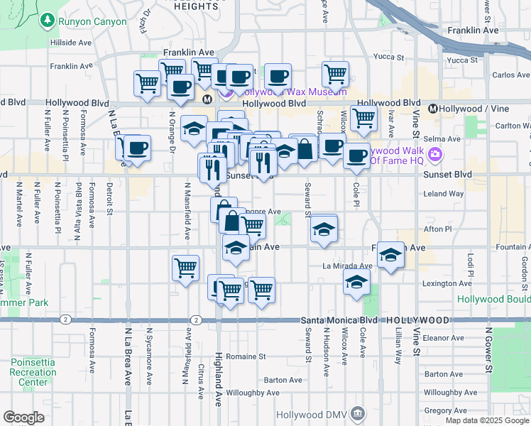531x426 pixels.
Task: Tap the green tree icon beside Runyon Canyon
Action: coord(48,21)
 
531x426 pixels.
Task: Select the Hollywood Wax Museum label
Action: coord(291,92)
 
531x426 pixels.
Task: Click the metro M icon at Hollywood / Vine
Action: coord(432,109)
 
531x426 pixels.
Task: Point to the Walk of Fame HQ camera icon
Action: coord(435,155)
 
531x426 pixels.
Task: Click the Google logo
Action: coord(23,417)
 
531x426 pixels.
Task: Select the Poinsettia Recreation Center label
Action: coord(33,372)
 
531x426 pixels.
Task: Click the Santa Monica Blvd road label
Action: coord(332,320)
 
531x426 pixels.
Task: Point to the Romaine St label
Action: coord(247,356)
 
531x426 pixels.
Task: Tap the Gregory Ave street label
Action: coord(444,410)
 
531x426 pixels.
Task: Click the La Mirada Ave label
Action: coord(347,266)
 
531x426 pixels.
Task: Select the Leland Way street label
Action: coord(443,193)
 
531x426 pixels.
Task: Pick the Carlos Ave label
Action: coord(511,75)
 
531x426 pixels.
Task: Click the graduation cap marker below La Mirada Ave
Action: coord(356,283)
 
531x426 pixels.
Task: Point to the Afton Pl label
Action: coord(437,229)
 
